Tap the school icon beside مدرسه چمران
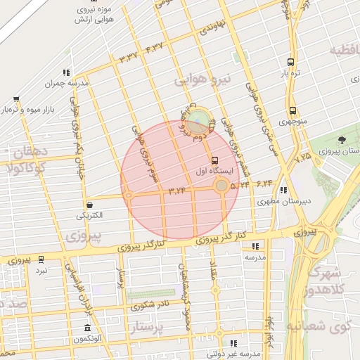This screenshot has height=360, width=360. point(66,72)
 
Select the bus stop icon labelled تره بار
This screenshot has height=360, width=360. point(292,61)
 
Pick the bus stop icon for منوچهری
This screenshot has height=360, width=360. point(292,110)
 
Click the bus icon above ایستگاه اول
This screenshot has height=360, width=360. point(214,158)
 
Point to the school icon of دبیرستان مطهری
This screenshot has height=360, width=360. point(283,190)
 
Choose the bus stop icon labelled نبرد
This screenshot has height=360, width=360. point(41,259)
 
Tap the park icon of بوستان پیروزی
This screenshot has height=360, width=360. point(342,141)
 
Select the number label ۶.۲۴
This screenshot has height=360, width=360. point(264,184)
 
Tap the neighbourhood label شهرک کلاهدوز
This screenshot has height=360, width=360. point(325,281)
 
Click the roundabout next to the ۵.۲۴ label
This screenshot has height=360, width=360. point(222,186)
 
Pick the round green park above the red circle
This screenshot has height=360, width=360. point(200,120)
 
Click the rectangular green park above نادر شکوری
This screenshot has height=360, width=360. point(151,292)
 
